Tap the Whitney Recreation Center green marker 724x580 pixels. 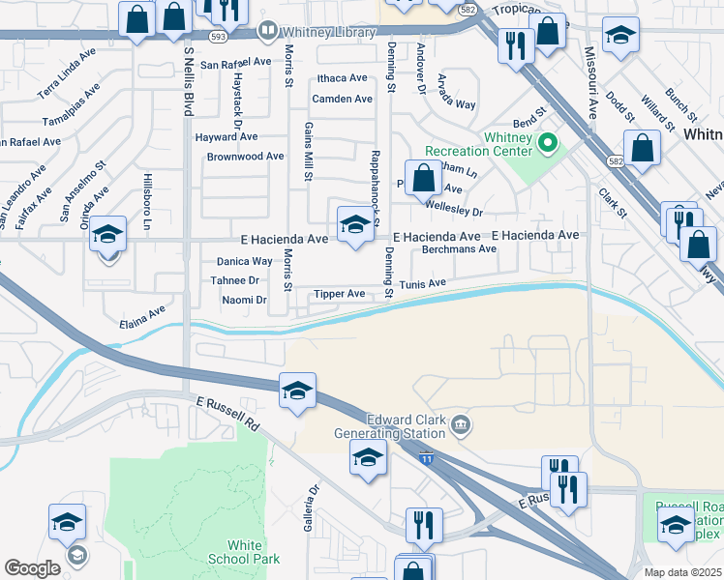(x=548, y=144)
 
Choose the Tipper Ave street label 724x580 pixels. (x=339, y=294)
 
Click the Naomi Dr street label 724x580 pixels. (x=245, y=301)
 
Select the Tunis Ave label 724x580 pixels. (x=423, y=283)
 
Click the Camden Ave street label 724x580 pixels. (x=342, y=99)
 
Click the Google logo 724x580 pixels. (x=32, y=568)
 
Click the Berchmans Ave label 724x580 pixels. (x=460, y=248)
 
